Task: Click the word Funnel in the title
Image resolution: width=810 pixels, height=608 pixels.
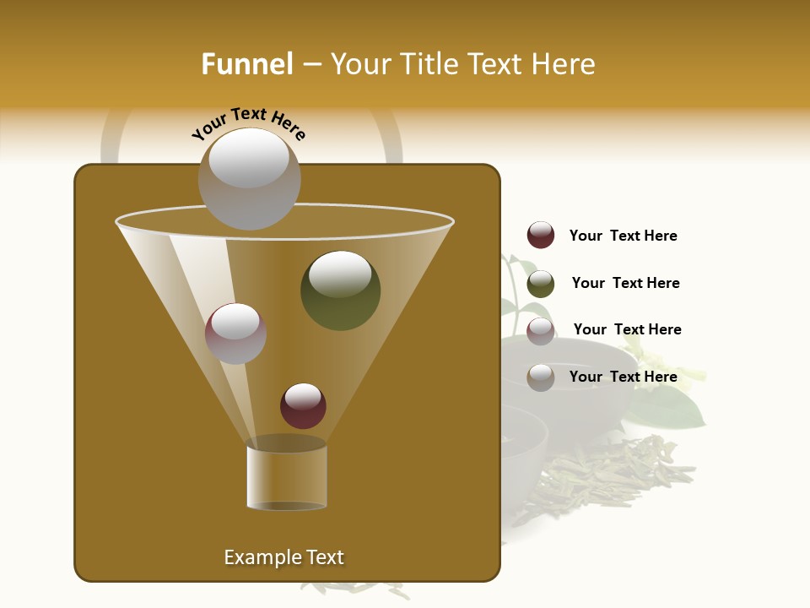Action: click(246, 64)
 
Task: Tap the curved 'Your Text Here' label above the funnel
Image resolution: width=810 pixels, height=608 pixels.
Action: click(248, 123)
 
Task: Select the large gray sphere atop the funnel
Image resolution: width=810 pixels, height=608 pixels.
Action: click(249, 179)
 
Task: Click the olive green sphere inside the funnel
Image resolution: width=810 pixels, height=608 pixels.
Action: click(340, 290)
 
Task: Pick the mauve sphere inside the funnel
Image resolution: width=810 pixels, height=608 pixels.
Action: click(235, 334)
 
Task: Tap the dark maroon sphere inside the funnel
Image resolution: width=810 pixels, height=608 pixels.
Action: click(303, 406)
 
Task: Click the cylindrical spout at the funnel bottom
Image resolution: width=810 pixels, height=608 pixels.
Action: click(287, 477)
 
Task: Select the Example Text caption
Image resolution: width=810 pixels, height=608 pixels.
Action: click(283, 557)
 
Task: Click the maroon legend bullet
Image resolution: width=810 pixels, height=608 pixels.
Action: click(541, 236)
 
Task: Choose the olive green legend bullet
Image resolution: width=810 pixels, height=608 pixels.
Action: click(541, 284)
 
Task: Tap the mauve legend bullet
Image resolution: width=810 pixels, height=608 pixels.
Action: click(541, 331)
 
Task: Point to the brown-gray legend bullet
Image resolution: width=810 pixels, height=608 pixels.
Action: click(541, 377)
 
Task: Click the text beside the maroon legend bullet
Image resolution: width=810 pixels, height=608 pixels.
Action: click(623, 236)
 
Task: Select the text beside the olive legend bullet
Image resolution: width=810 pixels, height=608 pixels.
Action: click(625, 283)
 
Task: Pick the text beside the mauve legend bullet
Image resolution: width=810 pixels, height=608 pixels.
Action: click(627, 329)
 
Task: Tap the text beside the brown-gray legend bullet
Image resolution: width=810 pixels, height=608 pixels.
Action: click(623, 377)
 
